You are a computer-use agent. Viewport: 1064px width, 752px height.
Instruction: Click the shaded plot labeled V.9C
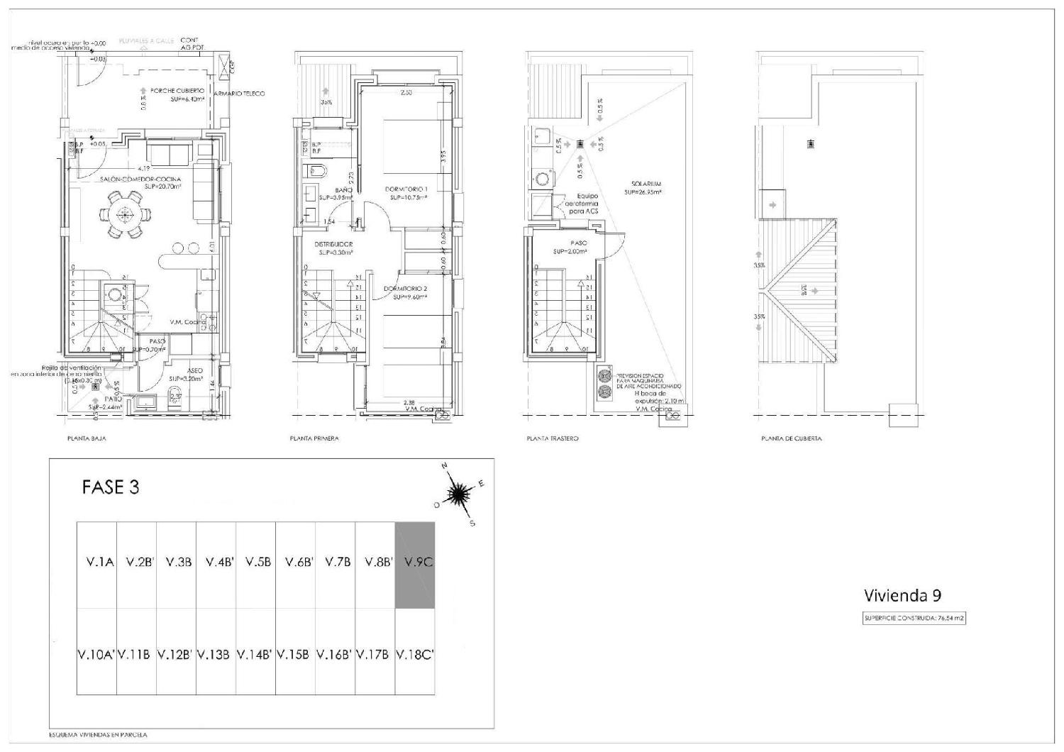[414, 565]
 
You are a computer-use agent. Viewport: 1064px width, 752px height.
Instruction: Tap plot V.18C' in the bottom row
[414, 653]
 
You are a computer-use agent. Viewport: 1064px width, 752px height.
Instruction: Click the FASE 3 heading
[111, 487]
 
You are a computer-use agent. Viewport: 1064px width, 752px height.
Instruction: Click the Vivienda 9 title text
[902, 595]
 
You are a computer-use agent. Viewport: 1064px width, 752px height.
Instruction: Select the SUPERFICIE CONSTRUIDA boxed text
[914, 618]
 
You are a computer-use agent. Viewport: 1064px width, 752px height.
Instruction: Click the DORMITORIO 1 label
[406, 189]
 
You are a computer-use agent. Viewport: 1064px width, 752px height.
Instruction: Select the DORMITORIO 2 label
[405, 289]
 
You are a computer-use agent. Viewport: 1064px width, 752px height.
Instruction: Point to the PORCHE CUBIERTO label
[177, 92]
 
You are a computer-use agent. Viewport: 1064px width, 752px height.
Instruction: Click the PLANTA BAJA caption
[87, 438]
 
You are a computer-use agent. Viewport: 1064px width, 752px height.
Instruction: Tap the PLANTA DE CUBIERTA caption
[791, 438]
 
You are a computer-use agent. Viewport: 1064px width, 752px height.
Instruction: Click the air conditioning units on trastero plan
[605, 383]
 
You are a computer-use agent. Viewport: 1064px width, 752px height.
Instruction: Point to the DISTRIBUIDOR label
[333, 244]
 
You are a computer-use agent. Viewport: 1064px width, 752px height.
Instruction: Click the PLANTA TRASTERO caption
[552, 438]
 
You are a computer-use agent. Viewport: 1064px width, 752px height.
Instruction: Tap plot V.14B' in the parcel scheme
[255, 653]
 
